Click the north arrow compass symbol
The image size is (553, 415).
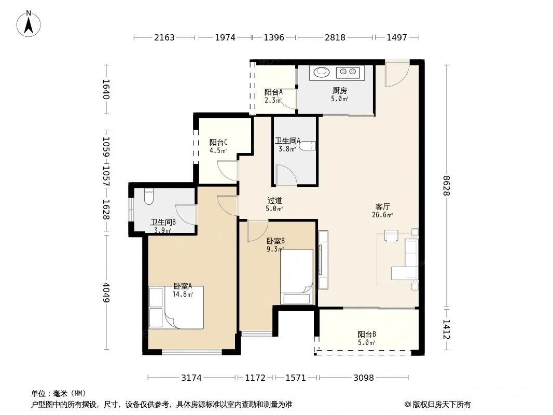pos(29,24)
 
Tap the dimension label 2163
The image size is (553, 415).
pos(164,37)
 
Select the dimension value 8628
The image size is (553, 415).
pos(447,186)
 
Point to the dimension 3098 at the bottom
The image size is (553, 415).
pos(364,378)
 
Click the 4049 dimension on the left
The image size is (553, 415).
pos(106,293)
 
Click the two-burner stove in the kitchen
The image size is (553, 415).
pos(348,72)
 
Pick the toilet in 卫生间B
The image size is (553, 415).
pos(149,197)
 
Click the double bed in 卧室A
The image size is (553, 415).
pos(176,308)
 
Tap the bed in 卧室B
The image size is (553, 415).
pos(297,277)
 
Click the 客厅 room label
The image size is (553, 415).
pos(383,206)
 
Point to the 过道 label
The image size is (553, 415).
pos(274,201)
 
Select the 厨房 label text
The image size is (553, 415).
pos(340,91)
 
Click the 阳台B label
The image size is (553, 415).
pos(367,334)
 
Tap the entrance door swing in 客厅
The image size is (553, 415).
pos(397,74)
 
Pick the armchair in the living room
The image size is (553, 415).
pos(391,236)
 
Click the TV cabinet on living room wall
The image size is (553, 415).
pos(323,260)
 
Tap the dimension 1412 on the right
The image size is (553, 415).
pos(447,329)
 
